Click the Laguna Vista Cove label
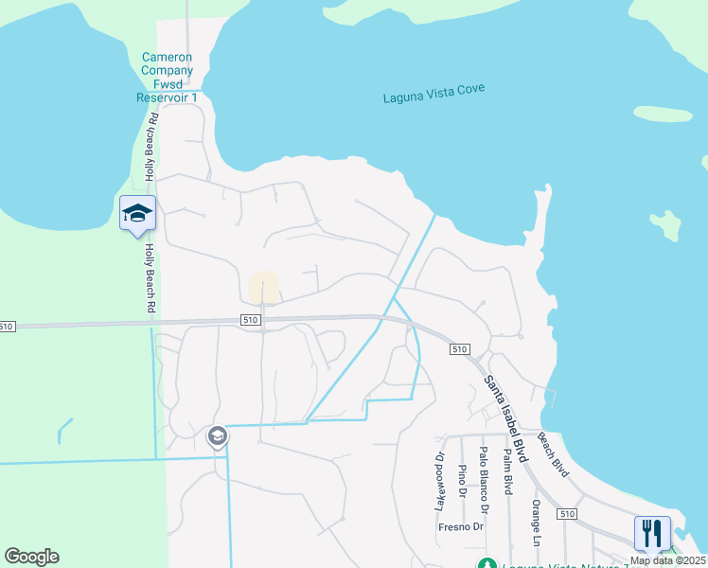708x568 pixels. pyautogui.click(x=434, y=93)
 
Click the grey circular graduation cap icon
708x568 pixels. pyautogui.click(x=217, y=435)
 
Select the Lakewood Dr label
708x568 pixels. pyautogui.click(x=440, y=484)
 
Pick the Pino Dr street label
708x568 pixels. pyautogui.click(x=462, y=481)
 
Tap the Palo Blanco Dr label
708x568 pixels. pyautogui.click(x=484, y=472)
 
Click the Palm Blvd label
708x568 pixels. pyautogui.click(x=507, y=471)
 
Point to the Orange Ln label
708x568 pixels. pyautogui.click(x=536, y=523)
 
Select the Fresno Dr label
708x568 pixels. pyautogui.click(x=462, y=526)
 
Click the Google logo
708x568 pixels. pyautogui.click(x=31, y=557)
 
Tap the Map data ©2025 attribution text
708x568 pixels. pyautogui.click(x=667, y=560)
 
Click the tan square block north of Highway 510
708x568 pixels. pyautogui.click(x=264, y=287)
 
